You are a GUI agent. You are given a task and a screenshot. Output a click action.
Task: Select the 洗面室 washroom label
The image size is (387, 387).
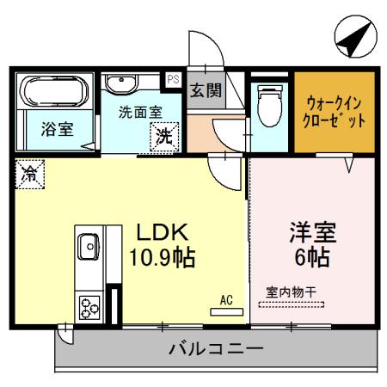(x=140, y=112)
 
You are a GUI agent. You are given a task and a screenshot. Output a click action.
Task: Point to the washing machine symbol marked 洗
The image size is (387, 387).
(x=163, y=134)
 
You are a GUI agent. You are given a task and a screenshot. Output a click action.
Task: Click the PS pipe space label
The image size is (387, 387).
(x=173, y=79)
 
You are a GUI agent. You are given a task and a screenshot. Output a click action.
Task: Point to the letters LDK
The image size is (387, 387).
(x=158, y=233)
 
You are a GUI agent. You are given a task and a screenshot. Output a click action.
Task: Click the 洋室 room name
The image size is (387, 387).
(x=311, y=232)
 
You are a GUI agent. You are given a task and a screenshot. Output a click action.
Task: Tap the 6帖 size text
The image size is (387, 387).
(x=311, y=256)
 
